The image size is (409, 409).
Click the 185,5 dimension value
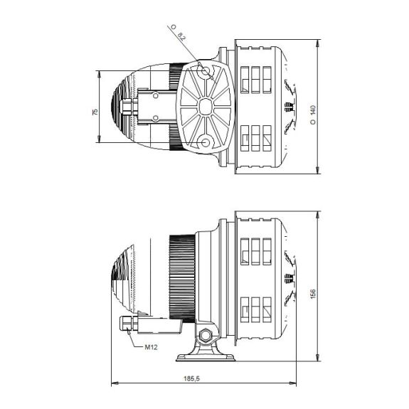(192, 378)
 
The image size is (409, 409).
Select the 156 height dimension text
(313, 294)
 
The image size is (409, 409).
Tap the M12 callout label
(151, 347)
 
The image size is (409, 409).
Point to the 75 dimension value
(95, 112)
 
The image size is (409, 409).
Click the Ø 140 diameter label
(313, 115)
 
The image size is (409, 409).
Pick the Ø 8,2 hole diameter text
(178, 33)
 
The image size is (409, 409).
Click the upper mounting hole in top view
(206, 70)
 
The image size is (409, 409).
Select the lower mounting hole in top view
(206, 143)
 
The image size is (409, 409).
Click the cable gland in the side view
(129, 324)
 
